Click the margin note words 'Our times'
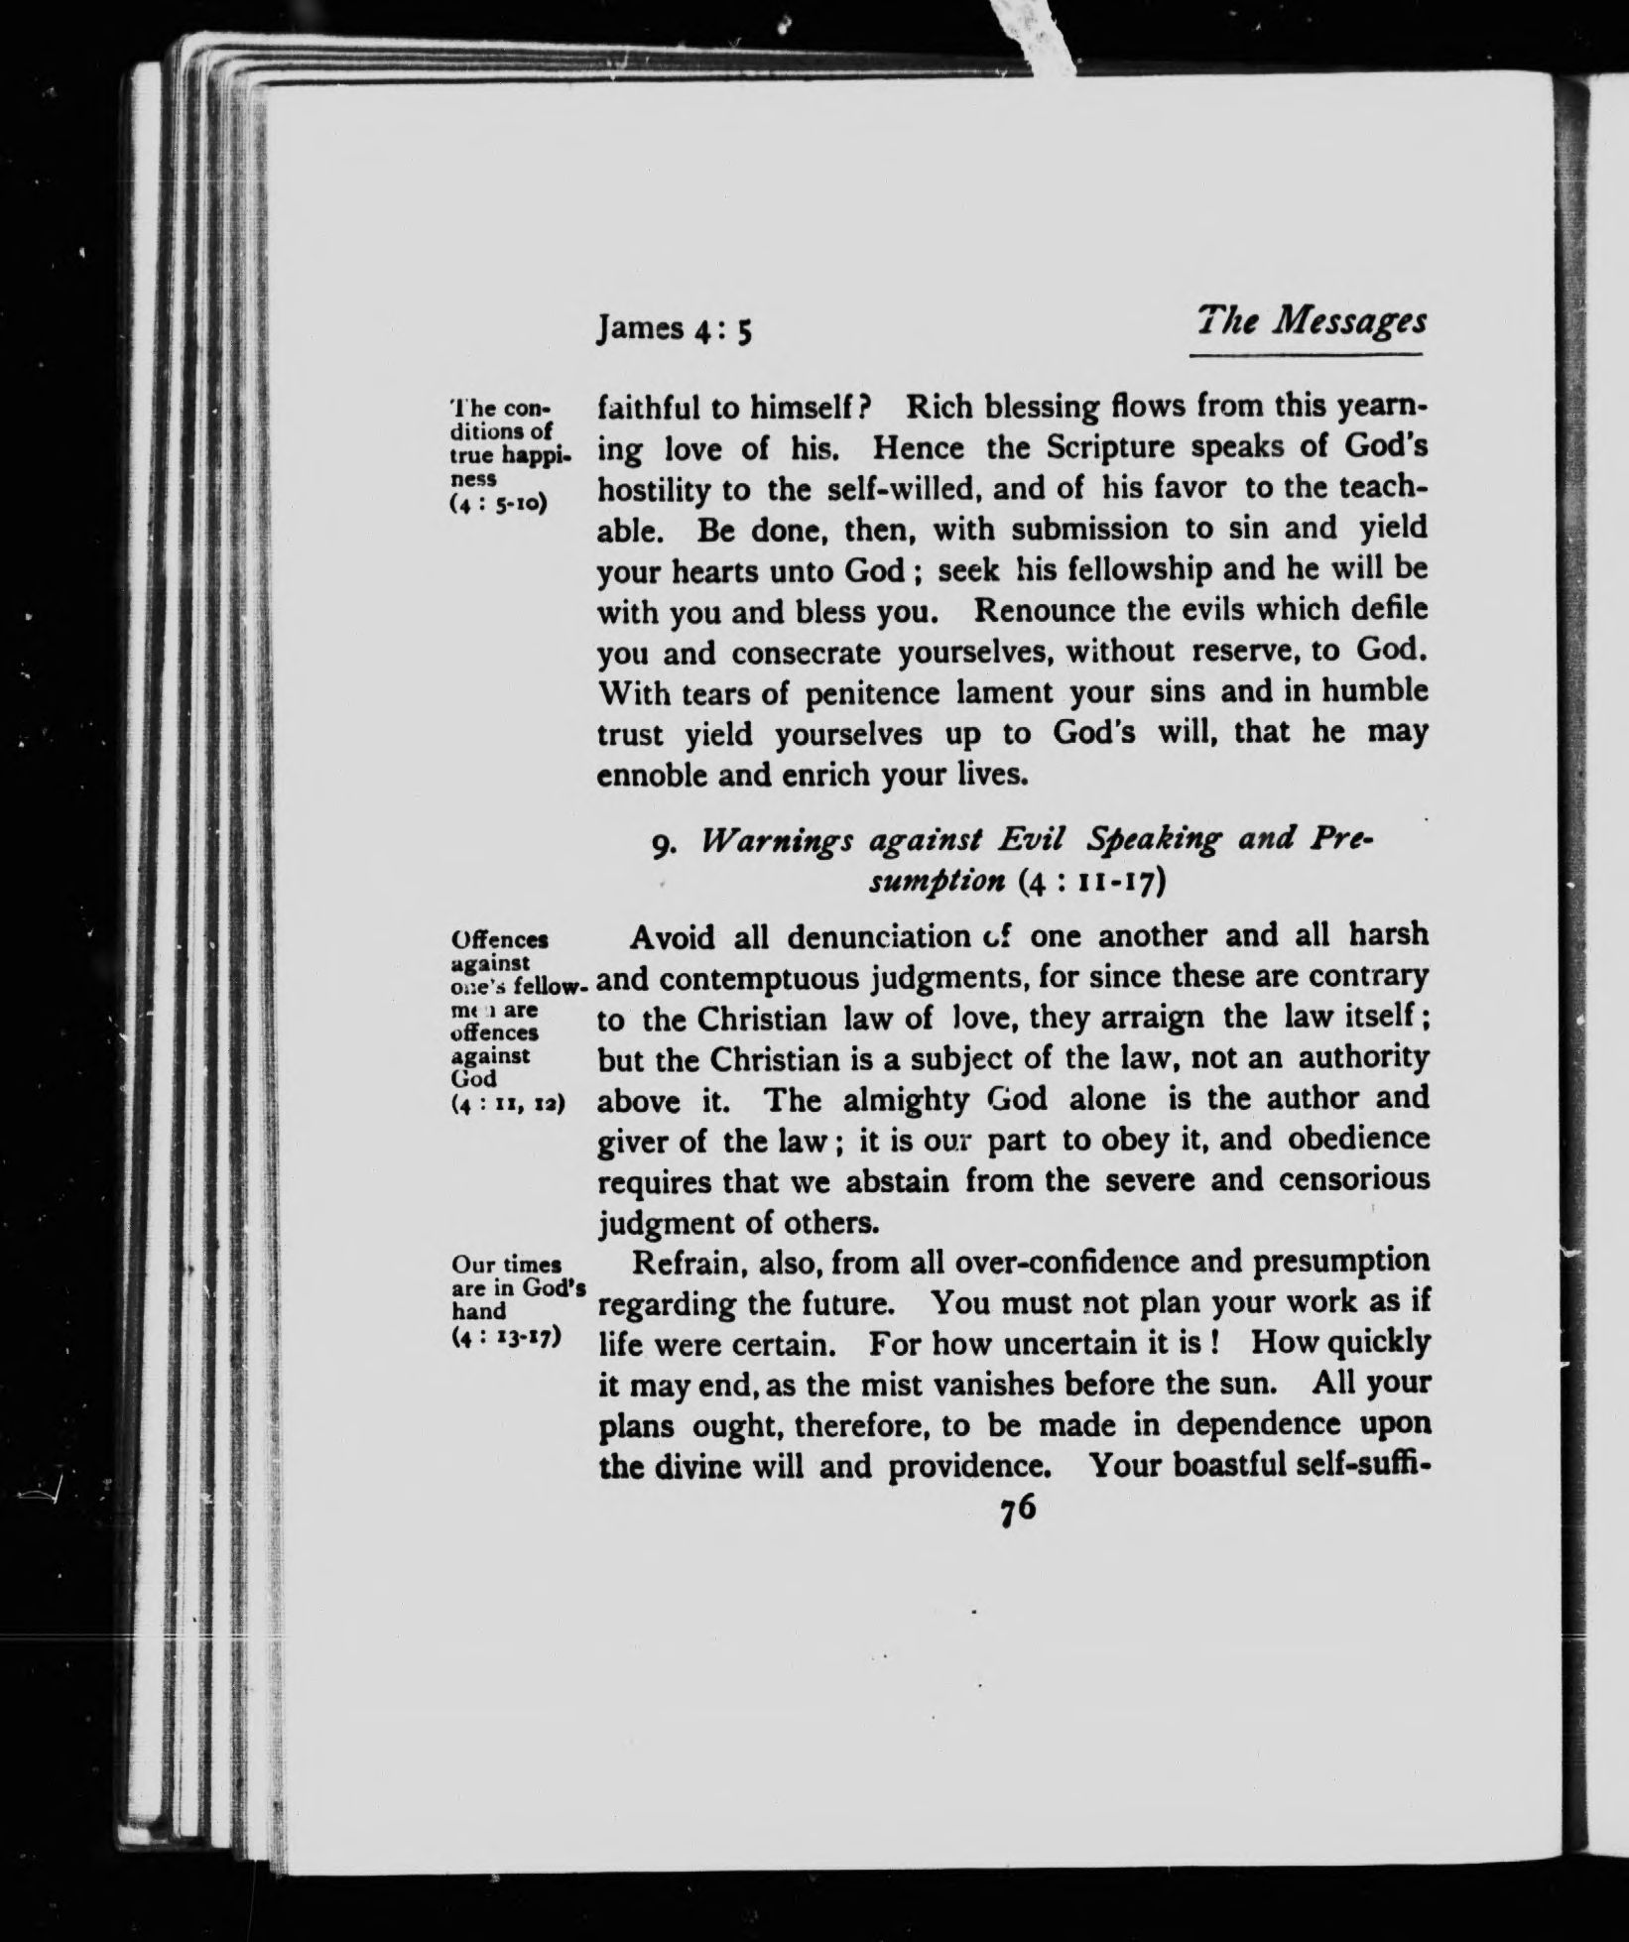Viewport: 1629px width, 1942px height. click(x=507, y=1265)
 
